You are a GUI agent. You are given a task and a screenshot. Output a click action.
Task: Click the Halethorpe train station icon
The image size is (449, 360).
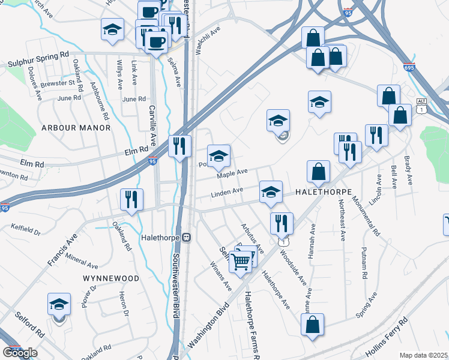click(x=187, y=237)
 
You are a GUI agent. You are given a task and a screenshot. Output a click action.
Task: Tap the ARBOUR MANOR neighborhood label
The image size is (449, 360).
click(x=76, y=128)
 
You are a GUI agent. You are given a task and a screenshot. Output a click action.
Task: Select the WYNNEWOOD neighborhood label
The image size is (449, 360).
click(x=111, y=278)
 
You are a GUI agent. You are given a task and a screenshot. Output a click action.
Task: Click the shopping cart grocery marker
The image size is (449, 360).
click(x=241, y=260)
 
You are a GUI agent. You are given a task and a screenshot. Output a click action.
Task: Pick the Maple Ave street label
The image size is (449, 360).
click(x=232, y=173)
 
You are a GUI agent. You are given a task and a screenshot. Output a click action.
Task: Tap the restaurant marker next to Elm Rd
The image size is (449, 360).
click(x=179, y=146)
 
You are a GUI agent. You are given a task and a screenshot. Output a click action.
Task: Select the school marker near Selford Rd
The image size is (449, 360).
click(x=59, y=305)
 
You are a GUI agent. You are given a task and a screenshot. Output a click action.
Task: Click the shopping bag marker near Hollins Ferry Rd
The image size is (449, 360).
click(x=313, y=325)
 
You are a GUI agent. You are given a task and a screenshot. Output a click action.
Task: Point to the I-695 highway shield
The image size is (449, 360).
click(x=409, y=68)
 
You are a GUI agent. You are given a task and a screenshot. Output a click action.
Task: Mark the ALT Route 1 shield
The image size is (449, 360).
click(x=423, y=106)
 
